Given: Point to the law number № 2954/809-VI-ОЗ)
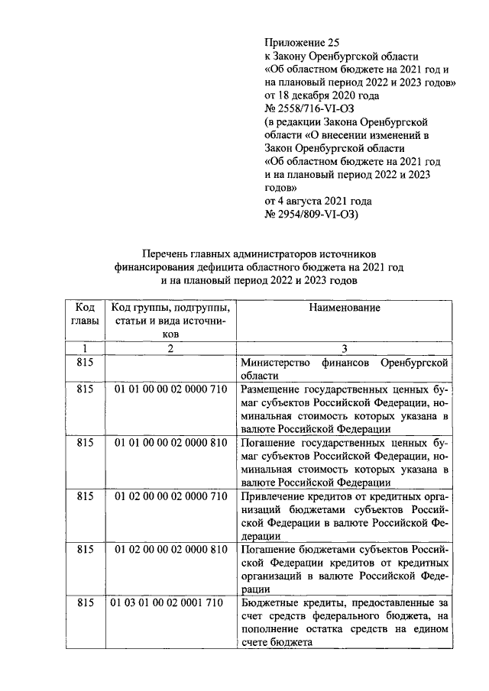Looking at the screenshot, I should click(x=315, y=215).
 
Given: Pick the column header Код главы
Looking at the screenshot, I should click(x=85, y=314).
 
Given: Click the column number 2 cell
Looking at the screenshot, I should click(x=171, y=349).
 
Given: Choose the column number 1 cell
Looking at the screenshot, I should click(x=85, y=349).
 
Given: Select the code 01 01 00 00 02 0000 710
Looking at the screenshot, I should click(x=171, y=389).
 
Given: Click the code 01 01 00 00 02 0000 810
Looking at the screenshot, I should click(x=171, y=442).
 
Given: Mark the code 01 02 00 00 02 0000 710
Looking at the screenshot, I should click(x=171, y=496).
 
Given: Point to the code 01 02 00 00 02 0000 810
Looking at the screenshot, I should click(x=171, y=549).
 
